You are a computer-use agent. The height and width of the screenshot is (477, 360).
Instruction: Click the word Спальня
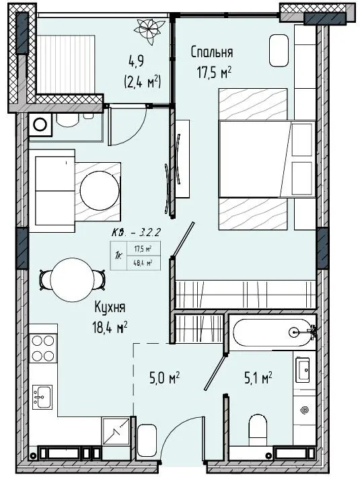[212, 52]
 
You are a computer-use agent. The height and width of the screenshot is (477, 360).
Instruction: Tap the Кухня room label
[110, 307]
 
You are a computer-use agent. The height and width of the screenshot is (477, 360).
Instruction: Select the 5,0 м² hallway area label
[164, 378]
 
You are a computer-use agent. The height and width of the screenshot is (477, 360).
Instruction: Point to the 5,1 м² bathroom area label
[258, 378]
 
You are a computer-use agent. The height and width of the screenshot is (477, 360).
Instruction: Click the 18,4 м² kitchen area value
[110, 328]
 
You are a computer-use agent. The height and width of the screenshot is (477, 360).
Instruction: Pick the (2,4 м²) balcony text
[143, 82]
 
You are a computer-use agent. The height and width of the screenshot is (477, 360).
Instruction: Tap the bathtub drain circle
[294, 332]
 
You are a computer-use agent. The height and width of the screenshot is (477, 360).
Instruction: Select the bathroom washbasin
[303, 370]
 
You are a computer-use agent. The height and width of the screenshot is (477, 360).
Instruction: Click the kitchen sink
[42, 396]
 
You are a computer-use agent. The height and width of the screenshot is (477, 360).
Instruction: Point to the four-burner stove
[43, 348]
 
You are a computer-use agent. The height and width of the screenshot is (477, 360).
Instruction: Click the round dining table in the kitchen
[73, 280]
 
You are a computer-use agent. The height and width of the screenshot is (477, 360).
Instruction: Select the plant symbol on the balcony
[147, 28]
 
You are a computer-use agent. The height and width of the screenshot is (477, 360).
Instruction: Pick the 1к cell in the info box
[118, 255]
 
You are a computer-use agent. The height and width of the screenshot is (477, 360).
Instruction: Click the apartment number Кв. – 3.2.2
[136, 233]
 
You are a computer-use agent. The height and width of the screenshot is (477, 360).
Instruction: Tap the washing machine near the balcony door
[40, 124]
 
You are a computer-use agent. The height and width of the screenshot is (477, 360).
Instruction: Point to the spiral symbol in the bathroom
[304, 410]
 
